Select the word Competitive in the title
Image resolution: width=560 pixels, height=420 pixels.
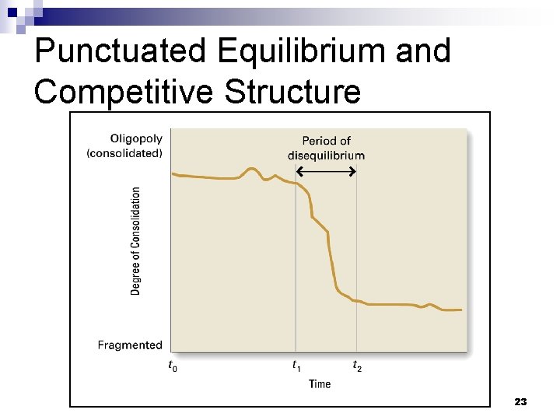(124, 91)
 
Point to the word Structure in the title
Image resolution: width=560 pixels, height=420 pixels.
(292, 91)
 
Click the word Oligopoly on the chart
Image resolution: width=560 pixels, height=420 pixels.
(136, 138)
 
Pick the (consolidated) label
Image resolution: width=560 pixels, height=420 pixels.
(124, 153)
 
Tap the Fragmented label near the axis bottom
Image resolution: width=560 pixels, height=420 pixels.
(130, 345)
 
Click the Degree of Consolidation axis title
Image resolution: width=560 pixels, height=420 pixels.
(136, 240)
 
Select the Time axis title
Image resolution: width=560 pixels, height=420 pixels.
(320, 383)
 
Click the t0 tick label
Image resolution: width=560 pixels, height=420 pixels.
(173, 365)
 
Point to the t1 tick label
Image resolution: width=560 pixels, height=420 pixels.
(296, 365)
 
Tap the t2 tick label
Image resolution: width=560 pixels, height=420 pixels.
(357, 365)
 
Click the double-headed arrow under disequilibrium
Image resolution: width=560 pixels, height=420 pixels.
(327, 170)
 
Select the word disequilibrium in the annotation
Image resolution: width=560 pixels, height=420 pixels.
(326, 155)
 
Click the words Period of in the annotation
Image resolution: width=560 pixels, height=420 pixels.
(326, 141)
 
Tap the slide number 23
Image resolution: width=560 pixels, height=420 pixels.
(521, 401)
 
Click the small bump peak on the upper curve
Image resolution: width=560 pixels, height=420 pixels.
(251, 168)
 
